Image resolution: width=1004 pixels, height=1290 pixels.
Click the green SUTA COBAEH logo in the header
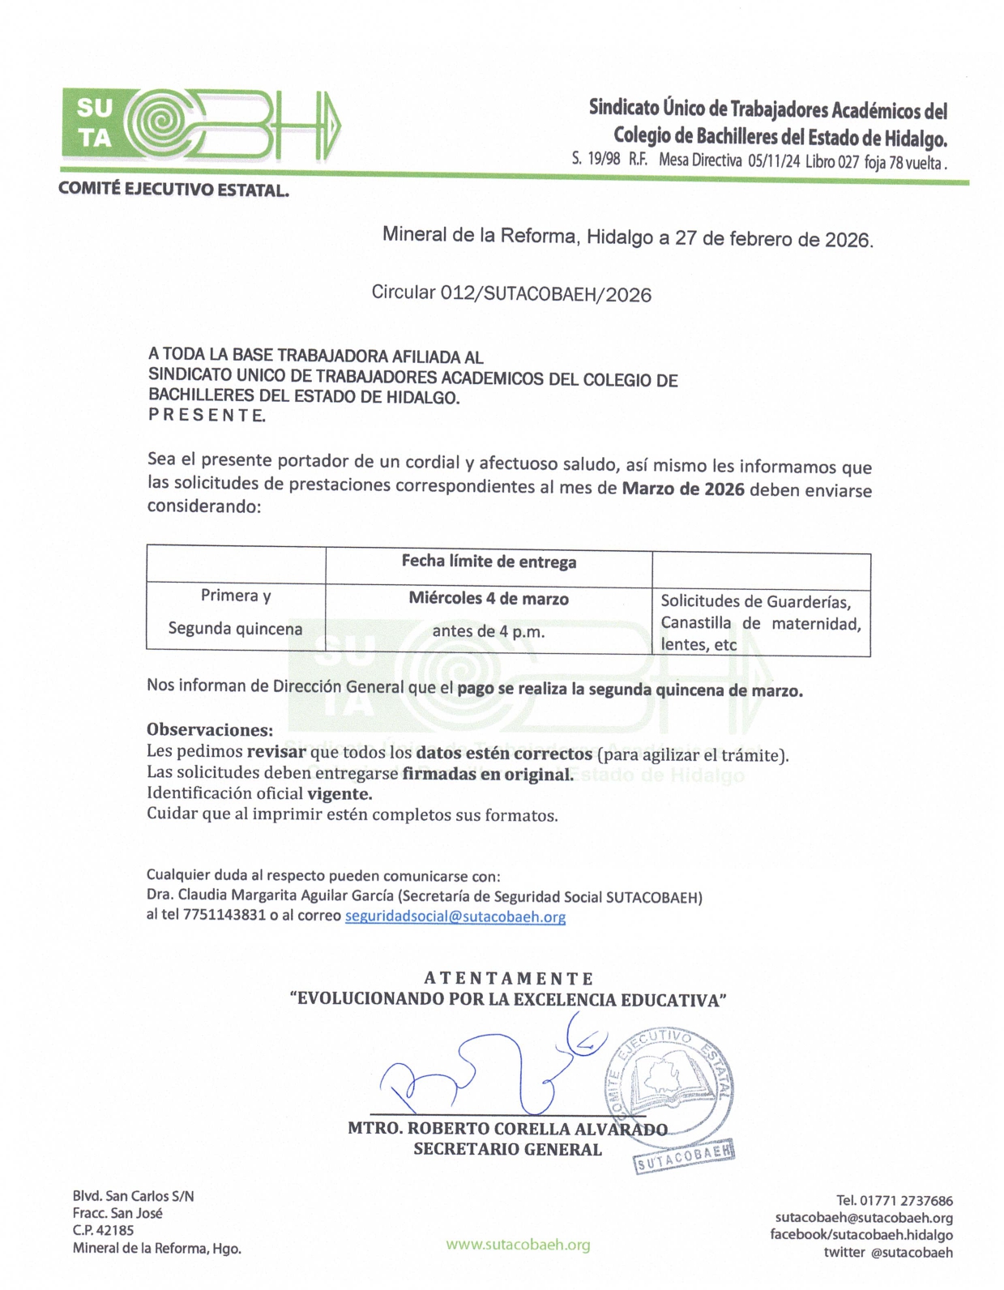[x=201, y=124]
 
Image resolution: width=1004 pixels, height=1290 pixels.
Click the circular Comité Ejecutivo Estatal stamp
[x=670, y=1085]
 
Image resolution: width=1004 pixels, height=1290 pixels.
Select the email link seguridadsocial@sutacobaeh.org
[x=455, y=916]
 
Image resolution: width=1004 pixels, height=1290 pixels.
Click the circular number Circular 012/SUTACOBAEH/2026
[x=511, y=293]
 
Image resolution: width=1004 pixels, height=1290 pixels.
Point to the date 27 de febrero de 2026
[x=774, y=239]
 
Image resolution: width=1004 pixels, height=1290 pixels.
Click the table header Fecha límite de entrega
[x=489, y=562]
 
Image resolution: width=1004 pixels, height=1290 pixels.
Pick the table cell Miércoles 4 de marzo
[x=489, y=599]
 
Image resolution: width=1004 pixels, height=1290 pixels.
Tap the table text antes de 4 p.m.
[x=488, y=631]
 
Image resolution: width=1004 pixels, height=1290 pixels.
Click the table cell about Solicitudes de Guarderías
[x=760, y=622]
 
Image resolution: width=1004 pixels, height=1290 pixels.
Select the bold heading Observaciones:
[x=209, y=729]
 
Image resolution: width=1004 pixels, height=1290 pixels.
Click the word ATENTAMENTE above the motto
[x=508, y=978]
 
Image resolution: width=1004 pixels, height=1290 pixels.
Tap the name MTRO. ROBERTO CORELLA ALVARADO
[x=507, y=1128]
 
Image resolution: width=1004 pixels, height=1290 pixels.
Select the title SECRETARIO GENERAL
[x=507, y=1149]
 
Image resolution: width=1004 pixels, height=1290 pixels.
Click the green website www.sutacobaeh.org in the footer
[x=518, y=1245]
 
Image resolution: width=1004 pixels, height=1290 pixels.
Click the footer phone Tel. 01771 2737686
[x=894, y=1200]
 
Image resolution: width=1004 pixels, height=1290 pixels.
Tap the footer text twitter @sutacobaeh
[x=888, y=1252]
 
